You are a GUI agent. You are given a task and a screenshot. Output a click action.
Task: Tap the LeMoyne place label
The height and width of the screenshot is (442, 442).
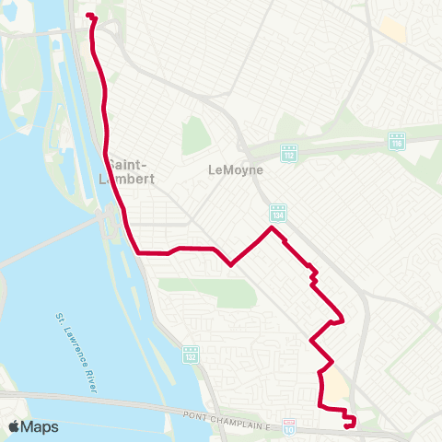click(x=236, y=170)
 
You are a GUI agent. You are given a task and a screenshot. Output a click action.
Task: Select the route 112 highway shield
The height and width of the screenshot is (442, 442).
click(x=288, y=151)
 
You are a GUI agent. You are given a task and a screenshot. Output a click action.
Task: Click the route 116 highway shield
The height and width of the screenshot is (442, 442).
click(x=397, y=142)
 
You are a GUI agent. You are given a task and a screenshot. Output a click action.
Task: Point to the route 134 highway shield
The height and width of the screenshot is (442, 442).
click(x=277, y=213)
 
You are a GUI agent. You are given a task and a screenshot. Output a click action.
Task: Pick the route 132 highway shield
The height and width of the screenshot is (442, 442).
click(x=191, y=354)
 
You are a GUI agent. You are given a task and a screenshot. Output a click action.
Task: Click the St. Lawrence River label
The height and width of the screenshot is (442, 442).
click(x=76, y=355)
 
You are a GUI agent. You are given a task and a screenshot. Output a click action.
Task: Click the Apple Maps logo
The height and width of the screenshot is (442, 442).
click(x=33, y=426)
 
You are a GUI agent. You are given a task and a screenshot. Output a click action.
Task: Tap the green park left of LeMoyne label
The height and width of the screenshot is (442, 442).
click(x=195, y=136)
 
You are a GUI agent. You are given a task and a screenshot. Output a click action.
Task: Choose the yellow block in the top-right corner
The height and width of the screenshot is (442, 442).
click(x=393, y=29)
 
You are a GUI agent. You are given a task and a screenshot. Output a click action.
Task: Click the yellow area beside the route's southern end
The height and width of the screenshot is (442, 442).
click(x=338, y=387)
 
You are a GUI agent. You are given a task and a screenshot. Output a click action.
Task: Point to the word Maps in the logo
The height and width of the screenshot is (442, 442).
click(x=41, y=426)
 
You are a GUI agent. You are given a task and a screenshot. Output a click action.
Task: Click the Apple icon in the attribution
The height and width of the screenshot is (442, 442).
click(x=15, y=426)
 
